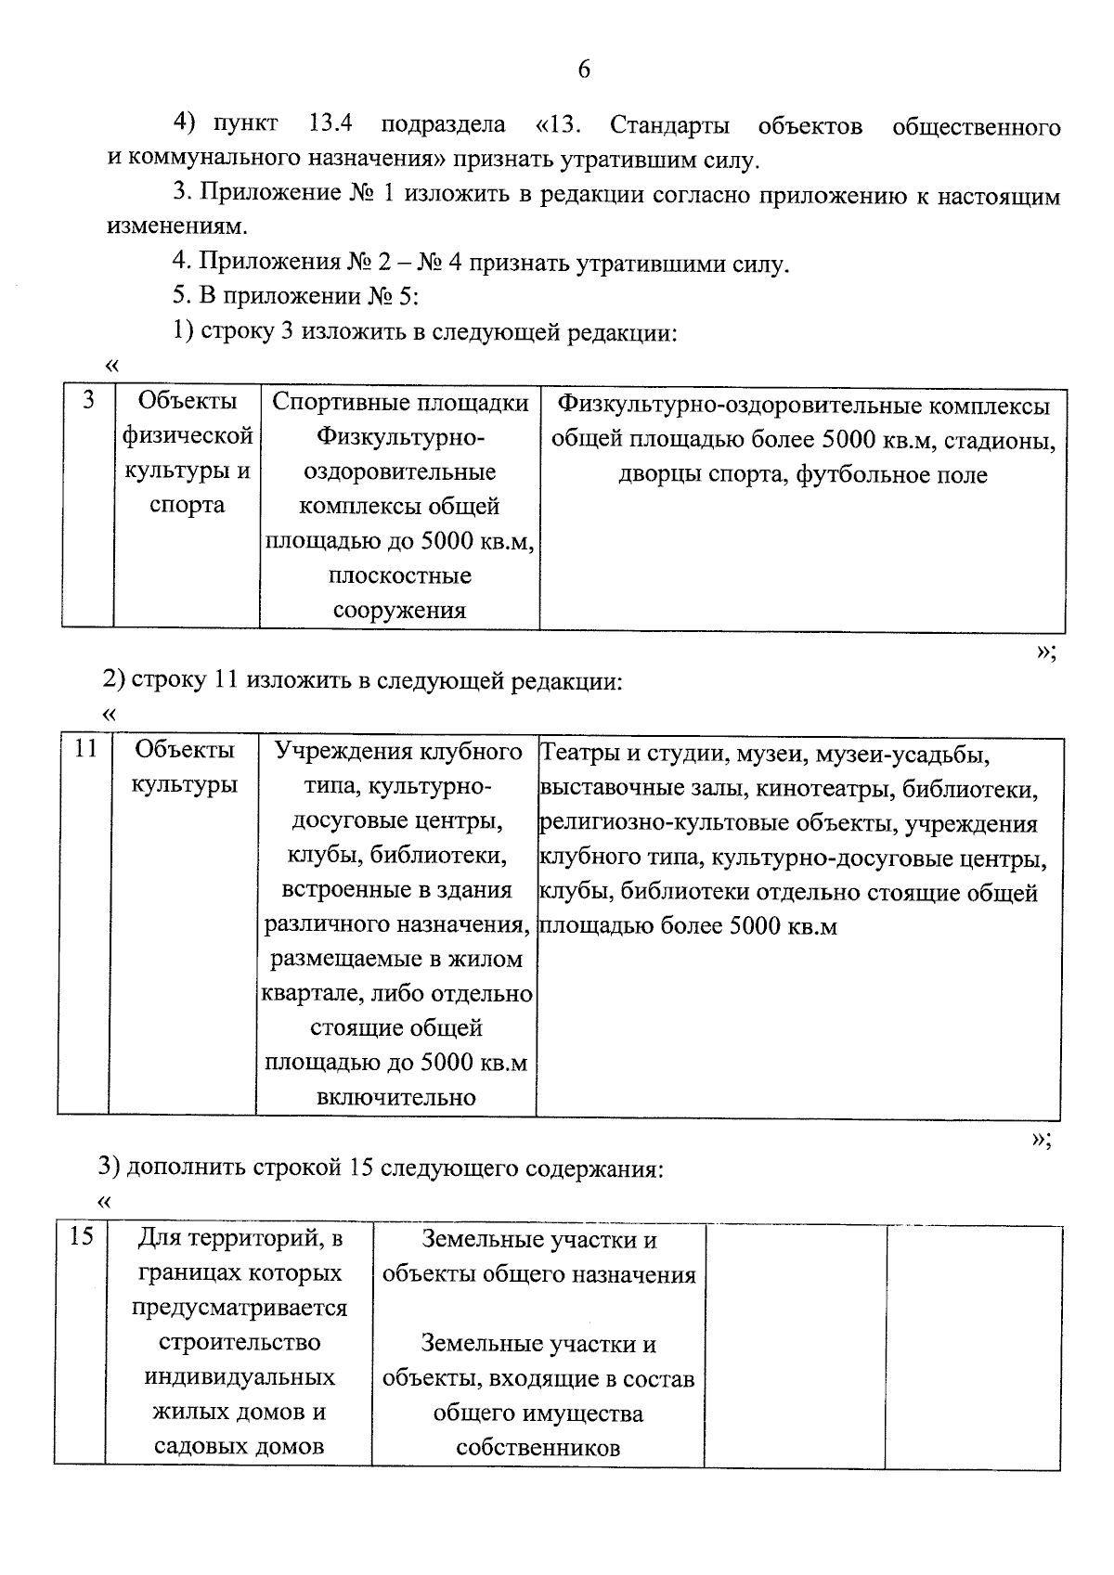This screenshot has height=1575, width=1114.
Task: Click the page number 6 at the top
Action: click(583, 71)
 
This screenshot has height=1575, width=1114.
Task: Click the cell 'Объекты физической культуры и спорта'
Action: click(188, 454)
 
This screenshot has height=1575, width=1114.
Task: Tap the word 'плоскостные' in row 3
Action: click(399, 576)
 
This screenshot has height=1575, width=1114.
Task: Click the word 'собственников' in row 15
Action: click(538, 1448)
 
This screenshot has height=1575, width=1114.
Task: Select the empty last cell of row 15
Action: click(974, 1345)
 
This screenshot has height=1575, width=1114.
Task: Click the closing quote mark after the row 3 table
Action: click(1043, 652)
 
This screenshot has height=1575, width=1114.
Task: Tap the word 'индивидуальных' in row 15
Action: click(240, 1377)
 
